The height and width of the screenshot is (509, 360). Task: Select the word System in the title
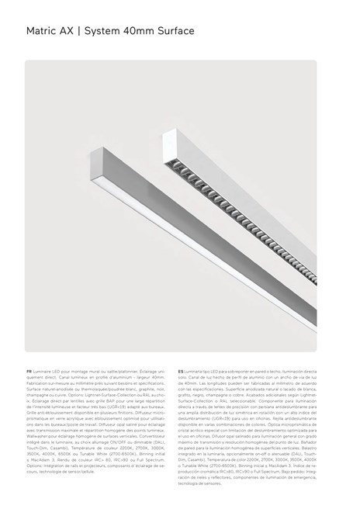[102, 32]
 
